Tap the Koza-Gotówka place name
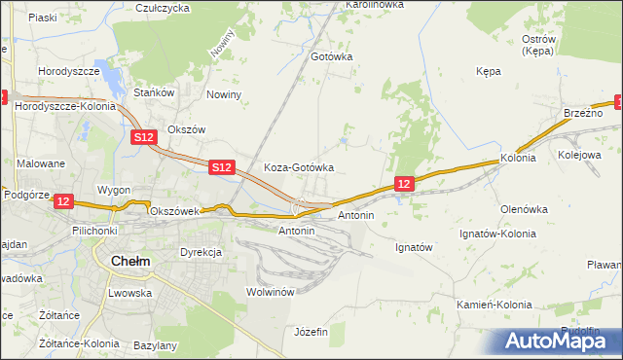point(300,167)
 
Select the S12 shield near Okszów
point(144,138)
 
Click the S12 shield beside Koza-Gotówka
point(222,168)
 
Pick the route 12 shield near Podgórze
point(63,201)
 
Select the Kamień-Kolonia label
point(495,305)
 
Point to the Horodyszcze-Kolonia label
point(64,106)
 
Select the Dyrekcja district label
point(202,252)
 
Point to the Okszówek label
point(173,210)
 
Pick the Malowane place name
point(40,164)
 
